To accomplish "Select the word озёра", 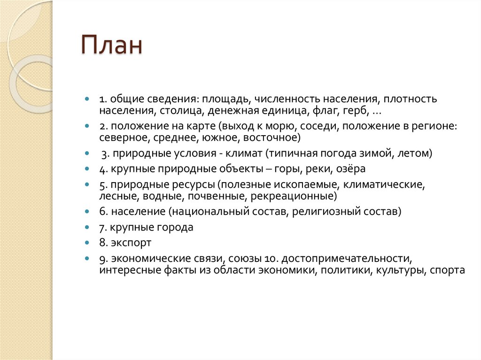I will [x=349, y=169].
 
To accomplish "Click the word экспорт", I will [x=132, y=243].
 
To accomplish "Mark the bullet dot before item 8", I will [x=87, y=243].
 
